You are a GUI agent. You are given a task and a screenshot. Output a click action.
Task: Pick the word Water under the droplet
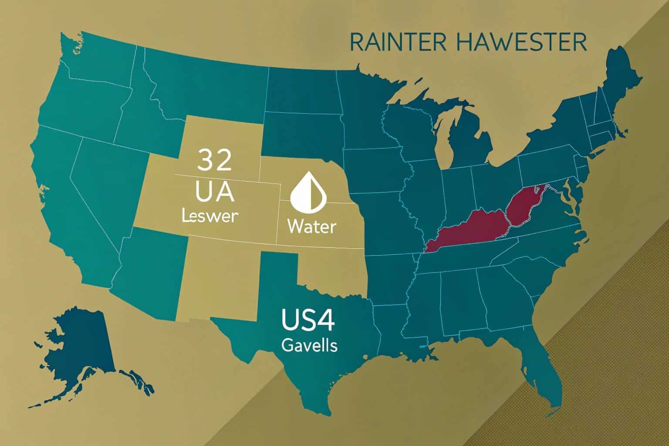pos(311,226)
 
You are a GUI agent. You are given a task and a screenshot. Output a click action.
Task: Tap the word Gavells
pos(309,345)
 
